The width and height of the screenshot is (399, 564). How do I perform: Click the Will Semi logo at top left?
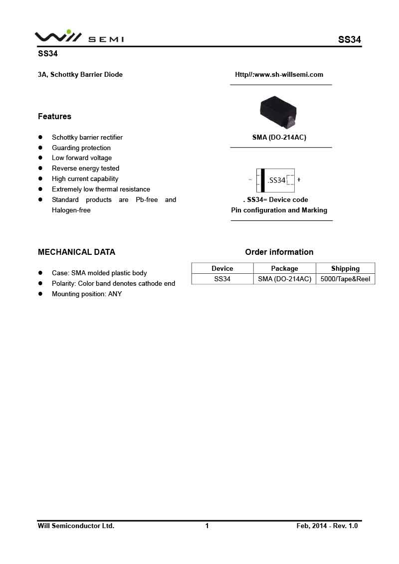tap(79, 36)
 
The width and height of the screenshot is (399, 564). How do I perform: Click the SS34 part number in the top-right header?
tap(349, 40)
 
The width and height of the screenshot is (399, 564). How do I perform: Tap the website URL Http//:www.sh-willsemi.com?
tap(279, 75)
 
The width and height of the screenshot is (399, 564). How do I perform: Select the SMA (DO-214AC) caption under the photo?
tap(279, 138)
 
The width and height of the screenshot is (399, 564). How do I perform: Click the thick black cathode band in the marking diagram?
tap(263, 180)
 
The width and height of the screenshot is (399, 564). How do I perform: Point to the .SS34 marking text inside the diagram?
tap(276, 180)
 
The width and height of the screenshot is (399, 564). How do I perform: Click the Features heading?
tap(54, 117)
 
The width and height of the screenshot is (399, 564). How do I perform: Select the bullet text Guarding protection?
tap(81, 148)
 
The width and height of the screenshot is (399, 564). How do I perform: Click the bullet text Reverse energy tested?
tap(85, 169)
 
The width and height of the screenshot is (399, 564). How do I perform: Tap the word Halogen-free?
tap(71, 210)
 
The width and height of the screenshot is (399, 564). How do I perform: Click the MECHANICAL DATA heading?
tap(76, 252)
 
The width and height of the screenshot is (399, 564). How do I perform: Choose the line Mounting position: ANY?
tap(87, 294)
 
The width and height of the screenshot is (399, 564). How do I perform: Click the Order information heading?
tap(279, 252)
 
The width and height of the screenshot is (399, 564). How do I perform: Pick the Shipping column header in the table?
tap(345, 268)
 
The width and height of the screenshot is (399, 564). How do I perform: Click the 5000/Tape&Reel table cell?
tap(345, 279)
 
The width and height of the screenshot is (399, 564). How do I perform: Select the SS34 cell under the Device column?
tap(222, 279)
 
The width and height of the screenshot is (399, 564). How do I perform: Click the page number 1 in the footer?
tap(207, 526)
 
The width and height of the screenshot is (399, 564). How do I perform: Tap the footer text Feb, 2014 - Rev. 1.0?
tap(327, 526)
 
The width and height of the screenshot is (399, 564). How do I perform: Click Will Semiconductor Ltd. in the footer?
tap(76, 526)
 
